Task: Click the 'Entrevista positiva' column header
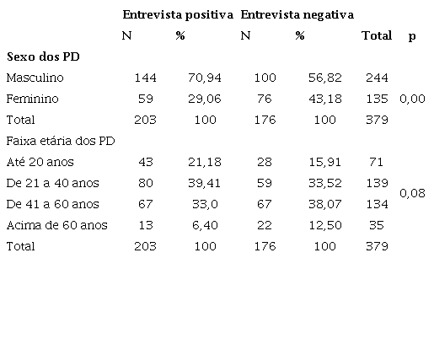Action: click(177, 15)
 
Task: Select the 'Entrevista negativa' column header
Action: click(297, 15)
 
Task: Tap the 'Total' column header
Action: click(376, 36)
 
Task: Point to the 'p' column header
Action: click(411, 36)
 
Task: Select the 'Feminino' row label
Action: click(31, 99)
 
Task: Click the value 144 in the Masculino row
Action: click(145, 78)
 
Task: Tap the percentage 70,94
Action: click(205, 78)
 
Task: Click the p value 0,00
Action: click(411, 99)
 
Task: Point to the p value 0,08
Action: click(411, 193)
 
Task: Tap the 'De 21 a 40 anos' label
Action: click(51, 182)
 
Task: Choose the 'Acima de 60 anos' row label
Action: click(56, 225)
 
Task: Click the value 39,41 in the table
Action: click(205, 182)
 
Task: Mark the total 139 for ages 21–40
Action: click(376, 182)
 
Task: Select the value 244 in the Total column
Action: click(376, 78)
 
